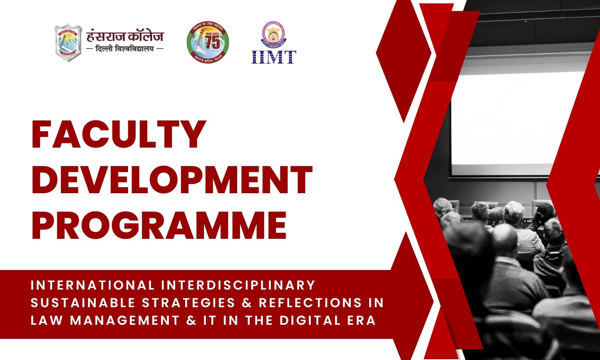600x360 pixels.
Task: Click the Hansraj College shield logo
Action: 68,43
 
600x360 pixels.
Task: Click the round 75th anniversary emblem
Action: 208,43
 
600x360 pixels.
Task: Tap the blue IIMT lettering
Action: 274,57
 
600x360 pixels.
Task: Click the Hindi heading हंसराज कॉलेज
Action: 125,37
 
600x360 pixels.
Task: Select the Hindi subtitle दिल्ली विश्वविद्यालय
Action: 125,49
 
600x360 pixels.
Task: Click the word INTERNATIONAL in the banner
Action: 92,285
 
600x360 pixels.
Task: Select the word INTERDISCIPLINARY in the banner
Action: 238,285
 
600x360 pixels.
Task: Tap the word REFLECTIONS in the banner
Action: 310,303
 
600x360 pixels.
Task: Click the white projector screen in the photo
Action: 520,120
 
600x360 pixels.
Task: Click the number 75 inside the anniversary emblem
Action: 212,43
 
